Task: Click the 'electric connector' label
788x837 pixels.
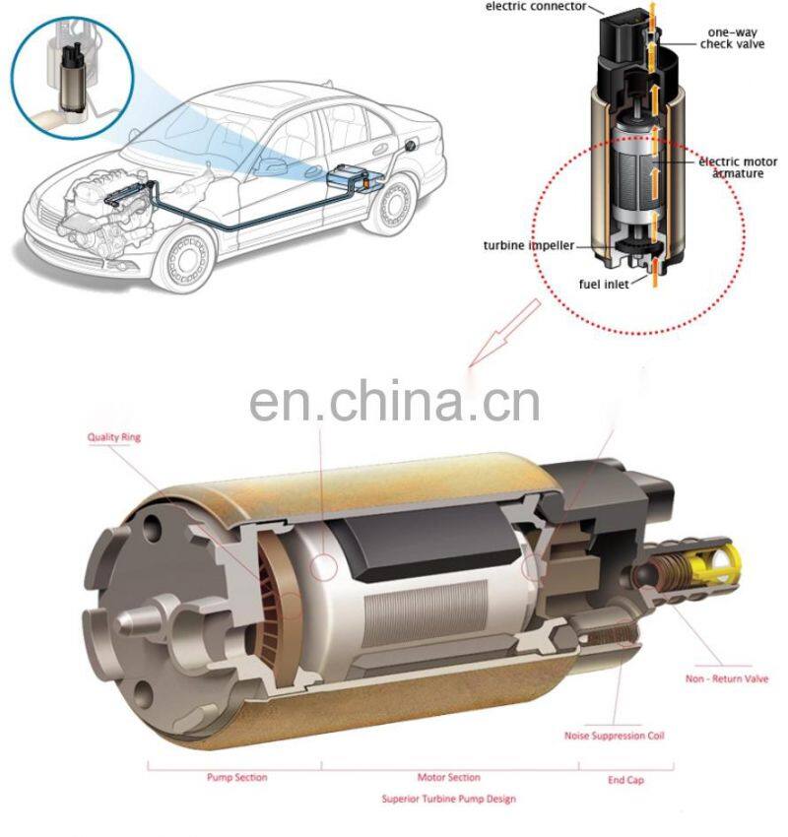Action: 536,7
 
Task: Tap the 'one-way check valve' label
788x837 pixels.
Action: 732,38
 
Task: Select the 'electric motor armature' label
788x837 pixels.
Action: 738,167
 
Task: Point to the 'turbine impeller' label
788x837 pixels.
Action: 529,245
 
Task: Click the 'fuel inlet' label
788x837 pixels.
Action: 604,284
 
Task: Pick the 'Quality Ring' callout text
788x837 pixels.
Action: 114,437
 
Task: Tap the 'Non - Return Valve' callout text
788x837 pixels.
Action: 727,678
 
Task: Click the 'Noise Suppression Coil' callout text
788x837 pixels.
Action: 614,736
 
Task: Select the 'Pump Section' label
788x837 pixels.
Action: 237,777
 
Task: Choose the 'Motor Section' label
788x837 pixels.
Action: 448,777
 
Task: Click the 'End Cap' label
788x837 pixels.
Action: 625,780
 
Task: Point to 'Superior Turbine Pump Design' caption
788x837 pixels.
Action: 448,799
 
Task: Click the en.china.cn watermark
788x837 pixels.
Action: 394,401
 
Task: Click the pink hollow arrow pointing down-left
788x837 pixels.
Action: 504,333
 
